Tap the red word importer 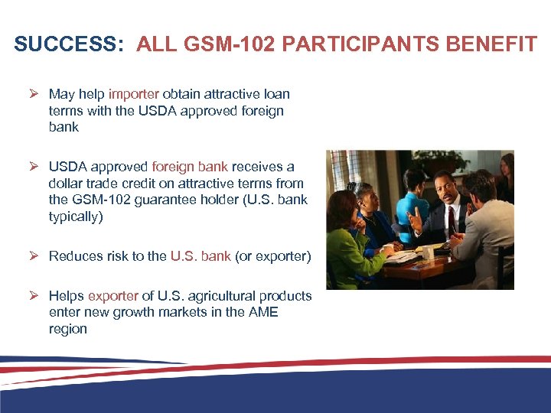coord(134,94)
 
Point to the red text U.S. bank coord(201,256)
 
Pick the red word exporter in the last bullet coord(113,296)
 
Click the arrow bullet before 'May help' coord(34,94)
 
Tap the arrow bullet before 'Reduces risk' coord(34,256)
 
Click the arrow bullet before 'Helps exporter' coord(34,296)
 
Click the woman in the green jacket coord(349,237)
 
